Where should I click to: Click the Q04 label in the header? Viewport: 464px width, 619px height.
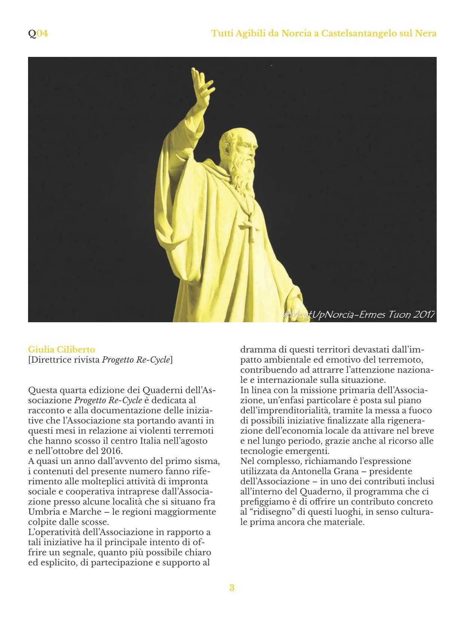38,34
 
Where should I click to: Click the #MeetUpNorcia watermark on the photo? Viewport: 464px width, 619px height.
318,314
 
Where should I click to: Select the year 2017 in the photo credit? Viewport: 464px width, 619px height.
424,314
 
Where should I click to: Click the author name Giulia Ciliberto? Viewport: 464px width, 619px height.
62,350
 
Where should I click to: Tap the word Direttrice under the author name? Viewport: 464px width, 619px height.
50,360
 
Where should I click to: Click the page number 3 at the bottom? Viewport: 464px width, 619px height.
232,588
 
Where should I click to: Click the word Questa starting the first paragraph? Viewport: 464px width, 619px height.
41,390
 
